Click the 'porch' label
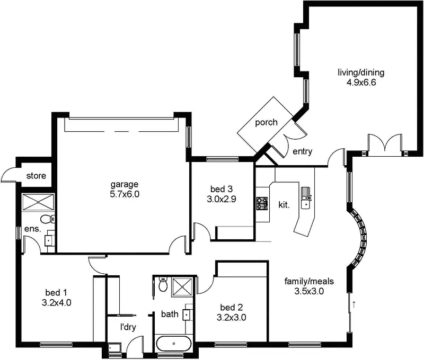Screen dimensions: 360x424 [x=266, y=122]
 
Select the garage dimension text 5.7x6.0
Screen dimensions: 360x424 [x=125, y=194]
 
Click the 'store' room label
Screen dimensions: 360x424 [x=36, y=176]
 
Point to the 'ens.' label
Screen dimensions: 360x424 [x=33, y=230]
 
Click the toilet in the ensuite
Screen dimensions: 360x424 [x=47, y=219]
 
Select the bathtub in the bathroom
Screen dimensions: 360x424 [x=174, y=343]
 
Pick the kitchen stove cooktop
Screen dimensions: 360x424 [x=262, y=203]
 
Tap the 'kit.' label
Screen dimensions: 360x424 [x=284, y=204]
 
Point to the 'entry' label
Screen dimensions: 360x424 [x=302, y=152]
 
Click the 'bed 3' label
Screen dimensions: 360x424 [x=222, y=188]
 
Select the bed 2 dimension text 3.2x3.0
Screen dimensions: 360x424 [x=232, y=318]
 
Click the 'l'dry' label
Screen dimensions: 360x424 [x=128, y=327]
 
